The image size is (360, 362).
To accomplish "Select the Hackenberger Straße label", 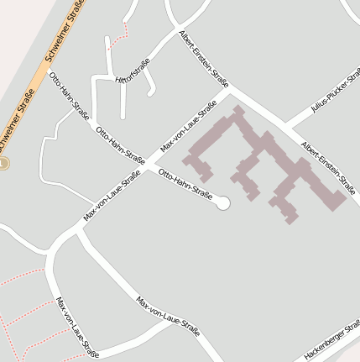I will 331,342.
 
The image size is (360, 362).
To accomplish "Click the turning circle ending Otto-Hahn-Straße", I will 222,202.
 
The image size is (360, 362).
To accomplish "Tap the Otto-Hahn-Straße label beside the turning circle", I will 185,183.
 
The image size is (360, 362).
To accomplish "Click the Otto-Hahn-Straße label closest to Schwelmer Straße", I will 68,95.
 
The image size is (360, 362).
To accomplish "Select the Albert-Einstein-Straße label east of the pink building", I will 328,168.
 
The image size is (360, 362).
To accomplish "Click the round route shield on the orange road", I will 3,163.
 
